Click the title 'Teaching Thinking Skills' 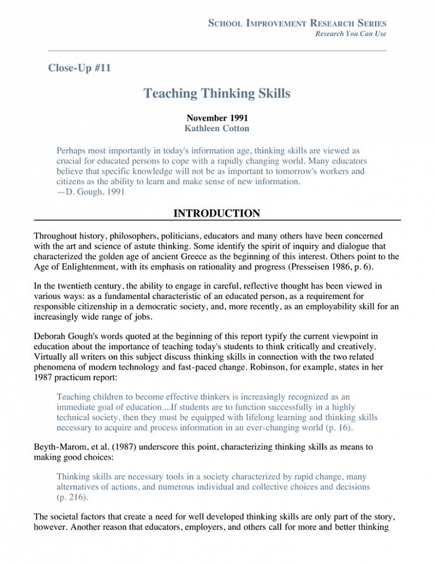click(217, 94)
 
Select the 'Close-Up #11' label click(79, 68)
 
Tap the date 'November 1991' click(217, 117)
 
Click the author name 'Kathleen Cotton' click(217, 128)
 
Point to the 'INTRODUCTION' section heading click(217, 214)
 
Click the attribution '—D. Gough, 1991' click(90, 192)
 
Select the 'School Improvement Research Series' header click(297, 23)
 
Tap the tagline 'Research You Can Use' click(350, 34)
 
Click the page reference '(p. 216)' click(72, 497)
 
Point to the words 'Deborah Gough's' click(63, 337)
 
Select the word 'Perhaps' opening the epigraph click(72, 151)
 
